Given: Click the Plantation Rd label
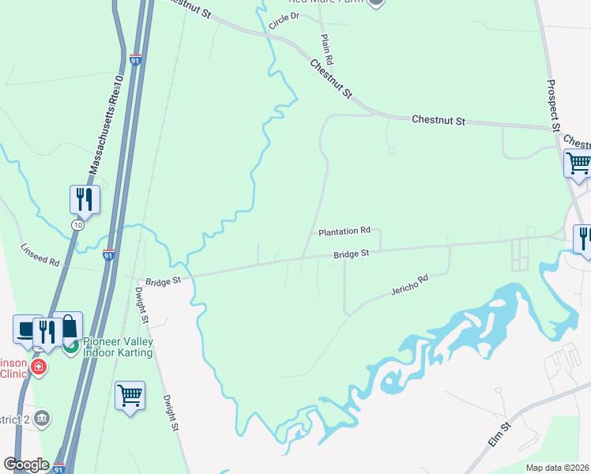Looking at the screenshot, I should [344, 231].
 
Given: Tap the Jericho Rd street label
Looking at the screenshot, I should [408, 285].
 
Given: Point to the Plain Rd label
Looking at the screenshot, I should [327, 49].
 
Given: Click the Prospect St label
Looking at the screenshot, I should [553, 105].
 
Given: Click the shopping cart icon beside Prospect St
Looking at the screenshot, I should [578, 164].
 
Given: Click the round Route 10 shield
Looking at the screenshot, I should [77, 225].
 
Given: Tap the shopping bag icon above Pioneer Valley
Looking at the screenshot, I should [69, 325].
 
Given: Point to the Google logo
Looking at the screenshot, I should [26, 465].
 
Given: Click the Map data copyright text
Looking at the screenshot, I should [558, 468].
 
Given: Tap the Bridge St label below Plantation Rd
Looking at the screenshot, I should [352, 254].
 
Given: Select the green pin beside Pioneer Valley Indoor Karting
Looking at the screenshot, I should [72, 346].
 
